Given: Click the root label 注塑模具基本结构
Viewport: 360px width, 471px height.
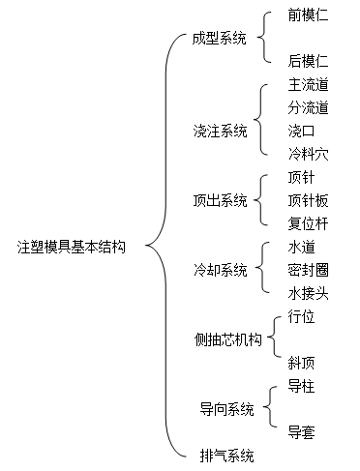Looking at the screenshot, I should point(72,247).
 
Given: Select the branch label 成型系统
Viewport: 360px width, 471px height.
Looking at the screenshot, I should point(220,39).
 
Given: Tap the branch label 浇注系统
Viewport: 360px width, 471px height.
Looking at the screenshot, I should point(220,131).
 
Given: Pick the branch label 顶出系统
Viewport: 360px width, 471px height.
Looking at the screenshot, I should point(220,200).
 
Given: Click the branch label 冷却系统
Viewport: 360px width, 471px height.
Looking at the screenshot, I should point(220,269).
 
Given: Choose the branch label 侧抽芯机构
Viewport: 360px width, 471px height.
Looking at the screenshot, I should point(227,339).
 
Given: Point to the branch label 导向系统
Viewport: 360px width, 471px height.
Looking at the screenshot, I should point(226,410).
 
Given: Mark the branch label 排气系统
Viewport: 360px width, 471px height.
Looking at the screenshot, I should point(225,455).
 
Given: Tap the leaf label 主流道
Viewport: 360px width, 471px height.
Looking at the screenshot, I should point(308,85).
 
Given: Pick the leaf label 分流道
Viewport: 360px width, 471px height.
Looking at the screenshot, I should point(308,107).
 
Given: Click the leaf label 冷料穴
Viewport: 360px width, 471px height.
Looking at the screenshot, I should point(308,153).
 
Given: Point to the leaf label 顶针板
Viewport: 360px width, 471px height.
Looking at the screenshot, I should point(308,200).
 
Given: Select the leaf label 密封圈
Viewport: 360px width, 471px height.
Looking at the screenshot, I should point(308,269).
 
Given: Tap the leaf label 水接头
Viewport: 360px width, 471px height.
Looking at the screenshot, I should point(308,292).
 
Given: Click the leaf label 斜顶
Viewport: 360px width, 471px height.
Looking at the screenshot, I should point(301,363).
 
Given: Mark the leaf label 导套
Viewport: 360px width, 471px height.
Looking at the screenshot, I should point(301,432).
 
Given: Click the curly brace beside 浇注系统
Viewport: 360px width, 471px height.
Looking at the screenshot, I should point(263,119).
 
